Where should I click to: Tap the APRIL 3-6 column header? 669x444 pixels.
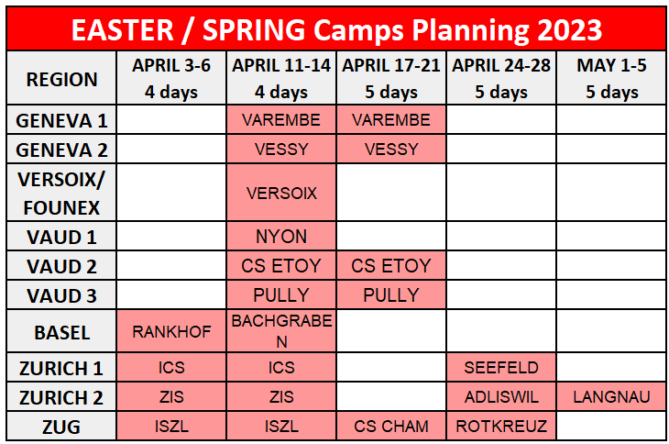point(171,79)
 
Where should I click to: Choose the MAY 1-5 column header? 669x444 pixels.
point(612,79)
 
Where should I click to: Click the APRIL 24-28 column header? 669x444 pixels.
point(501,79)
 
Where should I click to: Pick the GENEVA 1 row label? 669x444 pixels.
point(61,121)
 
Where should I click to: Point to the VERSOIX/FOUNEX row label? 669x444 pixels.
point(61,194)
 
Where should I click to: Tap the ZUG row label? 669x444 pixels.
point(61,427)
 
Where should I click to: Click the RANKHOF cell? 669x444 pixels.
point(171,332)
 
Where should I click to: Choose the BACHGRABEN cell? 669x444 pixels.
point(281,331)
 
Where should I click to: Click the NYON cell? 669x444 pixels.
point(281,237)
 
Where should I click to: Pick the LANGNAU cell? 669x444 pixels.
point(612,397)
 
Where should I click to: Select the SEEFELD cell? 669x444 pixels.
point(501,368)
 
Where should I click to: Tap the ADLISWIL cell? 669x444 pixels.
point(501,397)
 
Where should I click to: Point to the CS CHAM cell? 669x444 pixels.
point(391,427)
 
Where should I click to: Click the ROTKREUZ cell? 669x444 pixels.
point(501,427)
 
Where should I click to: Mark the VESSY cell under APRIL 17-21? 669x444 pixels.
point(391,150)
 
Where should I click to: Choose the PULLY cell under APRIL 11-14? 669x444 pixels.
point(281,295)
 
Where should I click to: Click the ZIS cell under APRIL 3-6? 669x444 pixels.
point(171,397)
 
